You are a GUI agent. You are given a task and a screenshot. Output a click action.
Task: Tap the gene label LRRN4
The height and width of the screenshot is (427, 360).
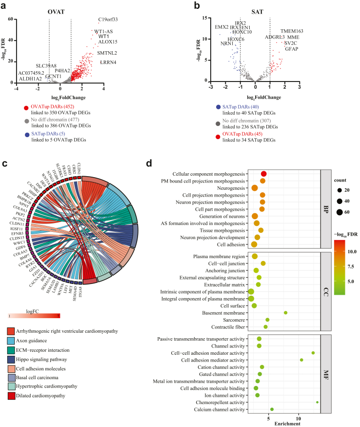tap(108, 62)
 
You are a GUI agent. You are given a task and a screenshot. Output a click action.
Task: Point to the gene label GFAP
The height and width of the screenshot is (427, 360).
tap(291, 49)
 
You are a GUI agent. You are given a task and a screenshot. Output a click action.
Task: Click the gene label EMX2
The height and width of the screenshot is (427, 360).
tap(222, 27)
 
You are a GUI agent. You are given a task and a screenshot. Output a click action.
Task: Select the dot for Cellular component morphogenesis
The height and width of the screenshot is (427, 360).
tap(264, 174)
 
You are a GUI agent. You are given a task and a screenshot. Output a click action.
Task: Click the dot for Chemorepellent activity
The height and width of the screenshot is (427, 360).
tap(317, 402)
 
